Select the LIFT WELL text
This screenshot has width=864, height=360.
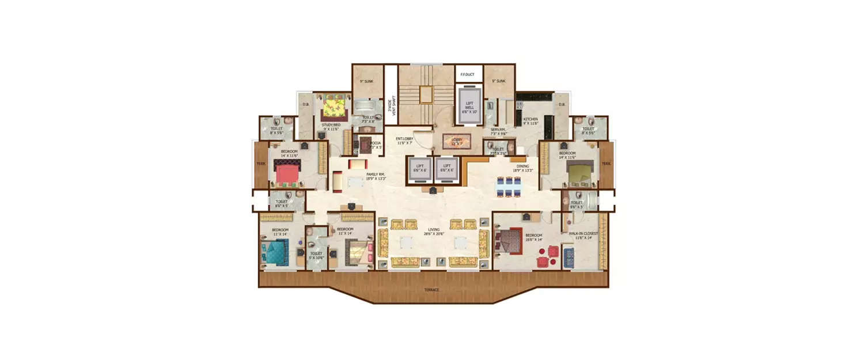point(469,104)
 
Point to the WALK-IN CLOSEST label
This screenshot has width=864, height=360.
point(583,233)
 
